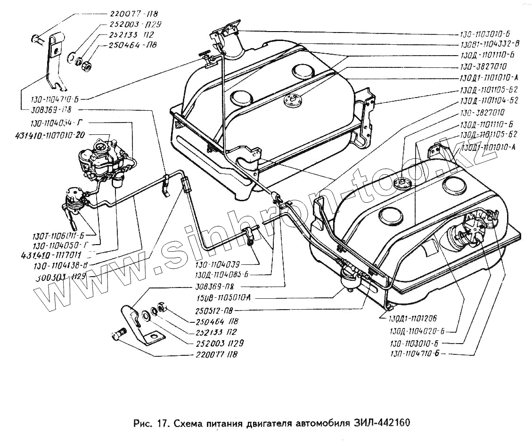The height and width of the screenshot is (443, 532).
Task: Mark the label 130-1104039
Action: (217, 264)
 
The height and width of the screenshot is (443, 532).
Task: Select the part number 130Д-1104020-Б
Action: (418, 330)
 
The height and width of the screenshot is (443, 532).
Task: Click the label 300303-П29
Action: (60, 276)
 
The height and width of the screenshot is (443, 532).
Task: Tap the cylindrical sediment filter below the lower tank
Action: (348, 279)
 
